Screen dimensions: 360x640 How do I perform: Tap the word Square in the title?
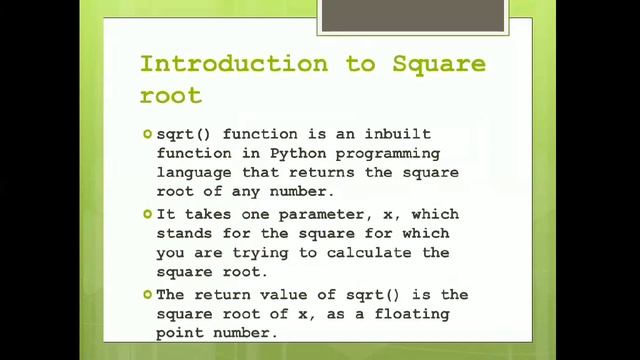(x=440, y=64)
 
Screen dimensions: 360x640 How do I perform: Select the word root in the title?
(x=171, y=96)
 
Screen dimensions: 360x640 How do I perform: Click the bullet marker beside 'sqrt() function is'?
(x=147, y=133)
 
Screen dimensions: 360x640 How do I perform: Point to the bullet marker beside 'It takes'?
(x=147, y=214)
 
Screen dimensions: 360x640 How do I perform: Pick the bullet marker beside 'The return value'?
(x=147, y=294)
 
